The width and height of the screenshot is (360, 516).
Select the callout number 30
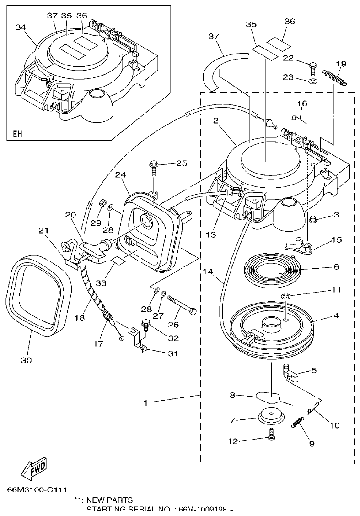(26, 360)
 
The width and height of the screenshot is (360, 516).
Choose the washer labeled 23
(312, 81)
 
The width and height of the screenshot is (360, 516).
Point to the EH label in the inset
(17, 134)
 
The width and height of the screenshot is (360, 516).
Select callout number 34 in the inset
(21, 28)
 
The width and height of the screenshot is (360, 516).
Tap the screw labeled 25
(153, 168)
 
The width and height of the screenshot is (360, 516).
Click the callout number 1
(146, 402)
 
